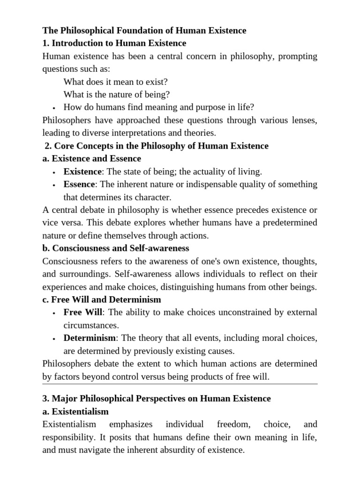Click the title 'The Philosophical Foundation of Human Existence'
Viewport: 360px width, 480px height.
(x=144, y=30)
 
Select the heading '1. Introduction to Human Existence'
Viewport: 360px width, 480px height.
(x=114, y=43)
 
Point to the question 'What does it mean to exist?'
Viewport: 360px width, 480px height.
(x=115, y=81)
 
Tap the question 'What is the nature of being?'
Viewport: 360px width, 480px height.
(x=117, y=94)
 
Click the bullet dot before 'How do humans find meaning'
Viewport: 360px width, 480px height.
(x=54, y=107)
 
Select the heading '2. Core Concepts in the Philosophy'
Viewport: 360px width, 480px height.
(x=157, y=146)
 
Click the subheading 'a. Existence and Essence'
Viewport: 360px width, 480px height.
(x=91, y=158)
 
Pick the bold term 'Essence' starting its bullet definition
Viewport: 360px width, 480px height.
(x=79, y=184)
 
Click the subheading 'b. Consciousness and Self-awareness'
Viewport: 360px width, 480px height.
(x=115, y=248)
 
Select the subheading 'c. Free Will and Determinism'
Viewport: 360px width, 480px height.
(x=101, y=299)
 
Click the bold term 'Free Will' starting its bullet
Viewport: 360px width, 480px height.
(x=82, y=312)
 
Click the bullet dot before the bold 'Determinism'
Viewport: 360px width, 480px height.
(x=54, y=338)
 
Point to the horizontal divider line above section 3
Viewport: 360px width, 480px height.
(x=180, y=384)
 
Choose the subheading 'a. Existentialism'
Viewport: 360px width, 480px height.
(x=75, y=412)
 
